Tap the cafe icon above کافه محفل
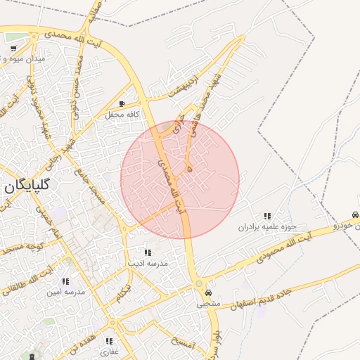tap(123, 103)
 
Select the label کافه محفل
tap(124, 114)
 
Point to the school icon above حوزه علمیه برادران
tap(267, 216)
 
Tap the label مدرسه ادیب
tap(148, 263)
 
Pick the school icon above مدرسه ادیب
tap(148, 252)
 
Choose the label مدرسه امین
tap(65, 291)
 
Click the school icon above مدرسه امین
tap(65, 281)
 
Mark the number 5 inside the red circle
tap(190, 169)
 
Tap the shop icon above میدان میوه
tap(14, 49)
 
